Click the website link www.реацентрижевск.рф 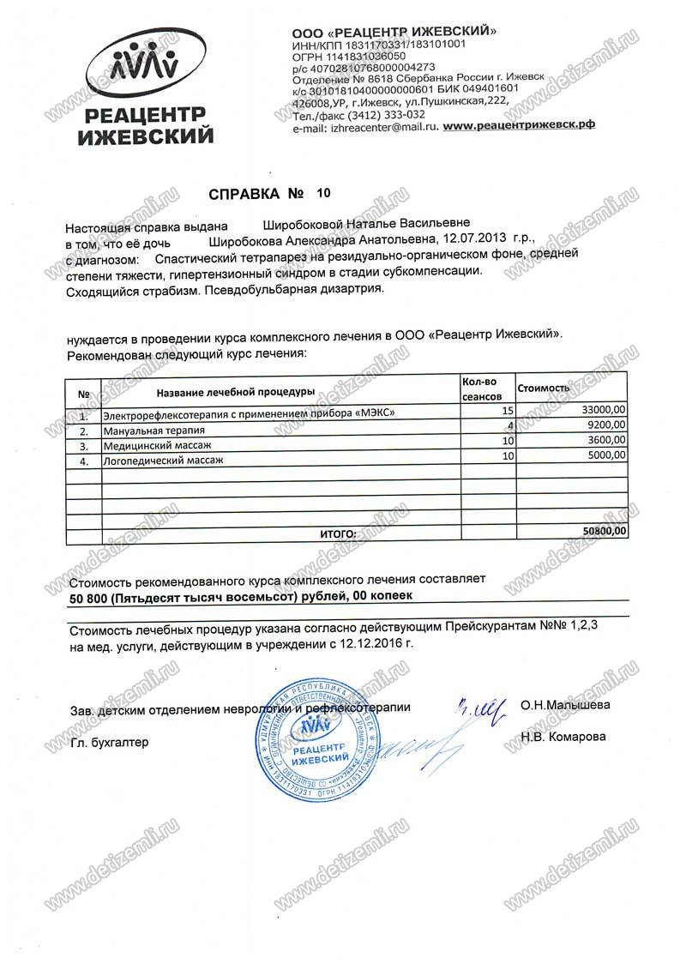(x=521, y=125)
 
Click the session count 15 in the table (x=507, y=411)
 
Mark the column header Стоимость (x=544, y=389)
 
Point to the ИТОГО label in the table (x=338, y=533)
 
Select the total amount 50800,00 (x=605, y=531)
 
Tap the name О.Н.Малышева (x=565, y=706)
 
